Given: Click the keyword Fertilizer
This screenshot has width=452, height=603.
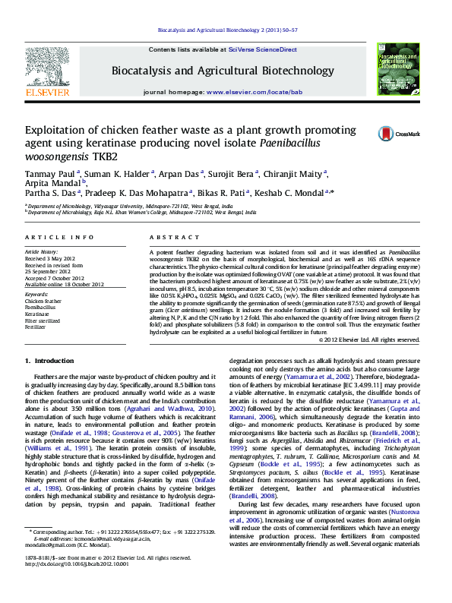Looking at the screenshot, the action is [35, 327].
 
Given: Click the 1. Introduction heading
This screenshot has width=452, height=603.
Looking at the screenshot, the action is [49, 359].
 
